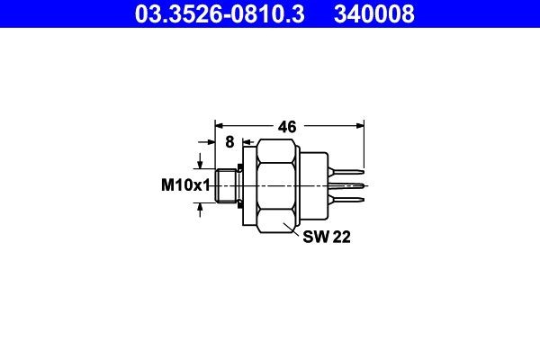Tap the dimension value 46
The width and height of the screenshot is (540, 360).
[287, 127]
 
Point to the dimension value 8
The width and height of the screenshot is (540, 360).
[229, 142]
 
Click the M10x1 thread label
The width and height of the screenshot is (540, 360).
[184, 185]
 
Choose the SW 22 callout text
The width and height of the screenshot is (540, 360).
[326, 238]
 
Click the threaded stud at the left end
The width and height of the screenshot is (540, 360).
[228, 185]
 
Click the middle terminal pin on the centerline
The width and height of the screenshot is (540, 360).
[351, 185]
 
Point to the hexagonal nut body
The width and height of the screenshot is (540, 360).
[278, 185]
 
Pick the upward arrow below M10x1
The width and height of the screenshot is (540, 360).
[200, 208]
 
